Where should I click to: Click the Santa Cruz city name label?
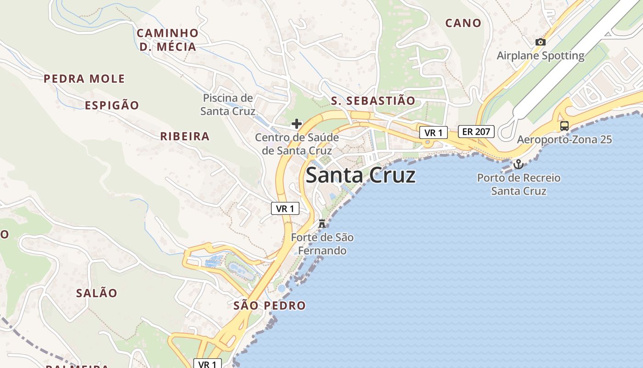tap(361, 175)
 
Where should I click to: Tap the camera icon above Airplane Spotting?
tap(541, 42)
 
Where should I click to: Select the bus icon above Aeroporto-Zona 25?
tap(564, 126)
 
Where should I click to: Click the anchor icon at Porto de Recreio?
tap(519, 164)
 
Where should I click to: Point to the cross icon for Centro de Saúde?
tap(297, 123)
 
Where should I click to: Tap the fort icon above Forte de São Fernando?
tap(322, 224)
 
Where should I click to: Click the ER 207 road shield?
tap(476, 132)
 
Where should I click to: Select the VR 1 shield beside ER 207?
tap(433, 133)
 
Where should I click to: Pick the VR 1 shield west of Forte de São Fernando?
tap(285, 208)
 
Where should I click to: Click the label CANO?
tap(463, 23)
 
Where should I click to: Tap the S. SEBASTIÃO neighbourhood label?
tap(373, 101)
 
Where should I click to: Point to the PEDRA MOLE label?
tap(84, 79)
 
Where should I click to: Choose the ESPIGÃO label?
tap(112, 105)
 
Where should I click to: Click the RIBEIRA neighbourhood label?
tap(185, 136)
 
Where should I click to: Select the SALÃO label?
tap(96, 293)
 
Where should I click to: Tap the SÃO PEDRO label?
tap(269, 305)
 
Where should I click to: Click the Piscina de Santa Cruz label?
tap(228, 104)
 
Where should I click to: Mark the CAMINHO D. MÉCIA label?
tap(168, 40)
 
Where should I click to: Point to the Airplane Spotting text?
tap(541, 56)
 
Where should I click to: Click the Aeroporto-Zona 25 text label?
tap(564, 139)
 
